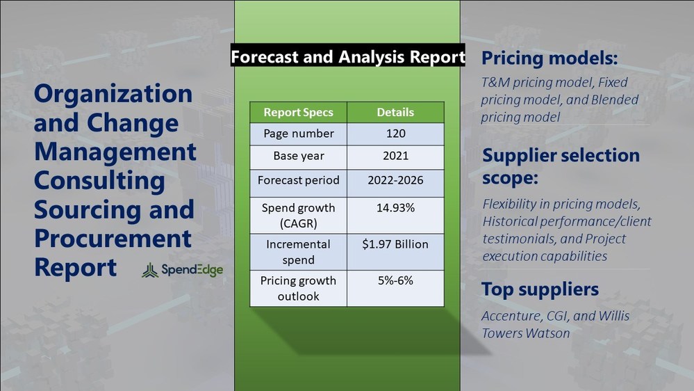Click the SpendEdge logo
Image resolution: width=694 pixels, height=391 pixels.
pyautogui.click(x=182, y=269)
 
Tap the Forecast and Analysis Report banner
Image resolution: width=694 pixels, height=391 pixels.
pyautogui.click(x=348, y=56)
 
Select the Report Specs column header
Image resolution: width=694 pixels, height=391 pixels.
pyautogui.click(x=298, y=113)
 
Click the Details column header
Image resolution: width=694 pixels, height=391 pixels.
pyautogui.click(x=396, y=113)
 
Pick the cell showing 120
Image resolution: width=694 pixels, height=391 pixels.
pyautogui.click(x=396, y=134)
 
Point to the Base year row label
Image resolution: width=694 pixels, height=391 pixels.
pyautogui.click(x=298, y=156)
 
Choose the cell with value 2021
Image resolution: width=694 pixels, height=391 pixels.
pyautogui.click(x=396, y=156)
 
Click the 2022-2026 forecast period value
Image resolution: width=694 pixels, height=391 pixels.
pyautogui.click(x=396, y=180)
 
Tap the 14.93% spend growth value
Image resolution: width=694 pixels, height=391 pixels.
pyautogui.click(x=396, y=208)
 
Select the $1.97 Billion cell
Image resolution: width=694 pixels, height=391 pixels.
pyautogui.click(x=396, y=244)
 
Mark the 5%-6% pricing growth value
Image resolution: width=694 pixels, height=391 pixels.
pyautogui.click(x=396, y=280)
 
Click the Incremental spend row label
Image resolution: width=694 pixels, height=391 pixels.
pyautogui.click(x=298, y=252)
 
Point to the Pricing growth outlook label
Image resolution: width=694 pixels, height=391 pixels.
pyautogui.click(x=298, y=288)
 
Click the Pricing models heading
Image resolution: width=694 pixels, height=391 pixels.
pyautogui.click(x=550, y=58)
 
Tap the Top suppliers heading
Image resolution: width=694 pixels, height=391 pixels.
pyautogui.click(x=540, y=289)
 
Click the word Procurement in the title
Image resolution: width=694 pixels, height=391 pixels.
pyautogui.click(x=113, y=239)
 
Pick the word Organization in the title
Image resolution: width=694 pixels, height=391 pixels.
pyautogui.click(x=113, y=94)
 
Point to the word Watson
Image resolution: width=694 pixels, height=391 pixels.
pyautogui.click(x=547, y=333)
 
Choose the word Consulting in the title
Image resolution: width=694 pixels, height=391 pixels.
pyautogui.click(x=99, y=182)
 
